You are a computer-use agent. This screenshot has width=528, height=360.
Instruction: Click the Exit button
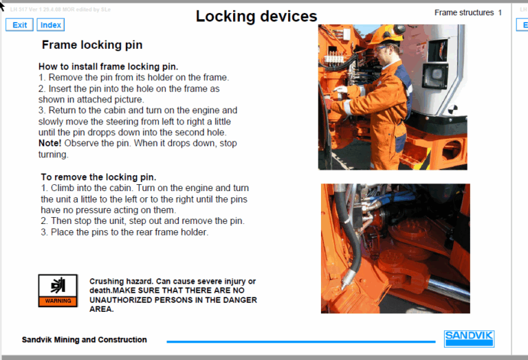tap(19, 25)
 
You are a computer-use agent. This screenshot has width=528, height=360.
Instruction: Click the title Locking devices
tap(256, 16)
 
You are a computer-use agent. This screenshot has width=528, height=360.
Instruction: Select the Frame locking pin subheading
tap(92, 45)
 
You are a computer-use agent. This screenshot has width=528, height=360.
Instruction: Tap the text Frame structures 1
tap(467, 12)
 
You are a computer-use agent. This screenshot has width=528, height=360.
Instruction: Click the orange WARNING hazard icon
tap(58, 290)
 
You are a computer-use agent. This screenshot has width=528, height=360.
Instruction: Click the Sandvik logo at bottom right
tap(469, 339)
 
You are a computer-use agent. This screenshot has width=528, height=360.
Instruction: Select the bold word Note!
tap(52, 143)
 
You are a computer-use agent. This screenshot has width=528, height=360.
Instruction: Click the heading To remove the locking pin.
tap(98, 177)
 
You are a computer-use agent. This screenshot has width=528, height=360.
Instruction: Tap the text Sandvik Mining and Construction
tap(84, 339)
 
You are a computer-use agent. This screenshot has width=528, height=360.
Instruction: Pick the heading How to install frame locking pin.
tap(108, 67)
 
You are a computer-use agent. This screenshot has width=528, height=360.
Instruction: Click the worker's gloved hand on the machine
tap(340, 90)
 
